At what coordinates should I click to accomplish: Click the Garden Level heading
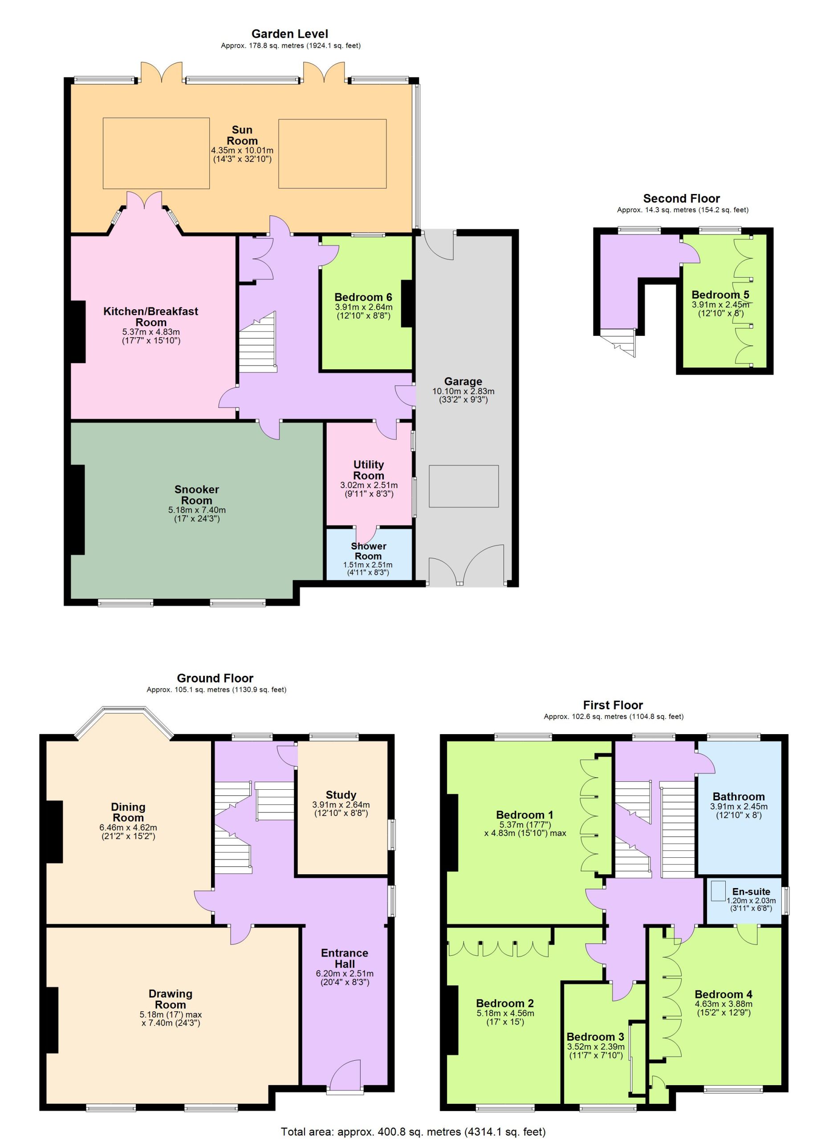[290, 34]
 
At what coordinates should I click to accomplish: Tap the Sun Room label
[242, 135]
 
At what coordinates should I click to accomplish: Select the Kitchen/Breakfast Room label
[151, 316]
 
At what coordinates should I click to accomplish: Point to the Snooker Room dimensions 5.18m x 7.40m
[197, 510]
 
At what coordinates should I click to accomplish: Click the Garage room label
[463, 381]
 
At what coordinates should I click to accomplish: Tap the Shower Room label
[368, 551]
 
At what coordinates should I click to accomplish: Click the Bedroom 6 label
[363, 297]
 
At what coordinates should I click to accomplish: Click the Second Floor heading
[681, 198]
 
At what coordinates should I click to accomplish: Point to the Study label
[341, 795]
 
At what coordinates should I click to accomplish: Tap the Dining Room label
[128, 812]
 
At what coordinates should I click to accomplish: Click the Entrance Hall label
[345, 958]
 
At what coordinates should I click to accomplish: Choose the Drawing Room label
[171, 999]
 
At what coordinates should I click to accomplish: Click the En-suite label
[751, 892]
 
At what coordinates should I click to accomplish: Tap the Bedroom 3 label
[595, 1037]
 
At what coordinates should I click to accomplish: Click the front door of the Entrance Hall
[345, 1079]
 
